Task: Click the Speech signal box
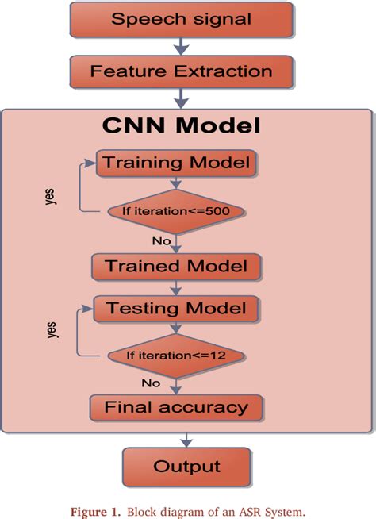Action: point(181,20)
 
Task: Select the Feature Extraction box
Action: point(181,71)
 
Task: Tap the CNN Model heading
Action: point(182,126)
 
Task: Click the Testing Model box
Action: point(176,308)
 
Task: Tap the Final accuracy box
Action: point(176,408)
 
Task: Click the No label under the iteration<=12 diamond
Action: point(151,383)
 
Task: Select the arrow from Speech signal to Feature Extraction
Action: point(182,46)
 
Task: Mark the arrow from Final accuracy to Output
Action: point(184,437)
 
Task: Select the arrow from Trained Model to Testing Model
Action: point(175,286)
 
